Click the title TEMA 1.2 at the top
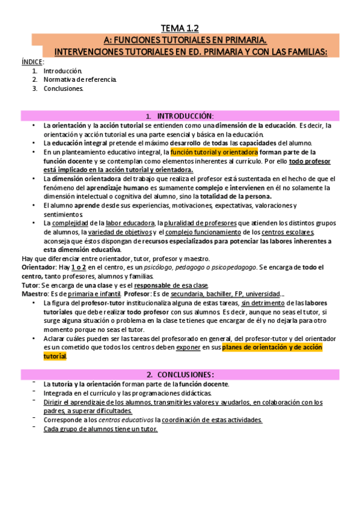pyautogui.click(x=179, y=28)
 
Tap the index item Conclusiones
pyautogui.click(x=63, y=88)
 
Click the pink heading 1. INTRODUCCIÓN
pyautogui.click(x=179, y=115)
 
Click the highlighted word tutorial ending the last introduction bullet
pyautogui.click(x=55, y=356)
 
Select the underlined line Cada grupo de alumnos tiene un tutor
pyautogui.click(x=100, y=429)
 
